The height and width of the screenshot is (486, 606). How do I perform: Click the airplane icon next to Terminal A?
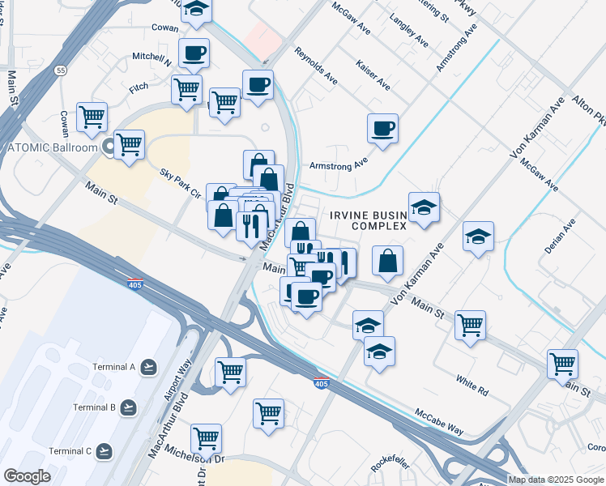pos(148,368)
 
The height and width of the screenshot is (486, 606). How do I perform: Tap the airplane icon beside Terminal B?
pos(128,407)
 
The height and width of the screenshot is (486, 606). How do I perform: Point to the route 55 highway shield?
pos(62,71)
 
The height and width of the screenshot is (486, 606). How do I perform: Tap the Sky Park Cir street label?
pos(180,184)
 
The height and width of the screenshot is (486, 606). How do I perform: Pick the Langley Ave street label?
pos(409,30)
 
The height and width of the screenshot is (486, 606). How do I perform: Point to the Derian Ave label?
pos(560,237)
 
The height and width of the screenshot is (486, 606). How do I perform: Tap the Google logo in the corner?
pos(27,475)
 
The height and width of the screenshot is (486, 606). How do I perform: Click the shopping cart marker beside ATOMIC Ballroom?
pos(130,145)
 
